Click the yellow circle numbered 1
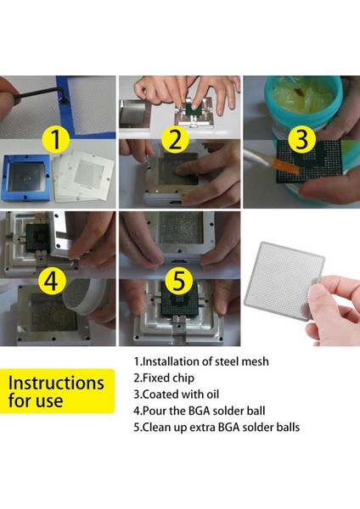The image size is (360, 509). (x=56, y=140)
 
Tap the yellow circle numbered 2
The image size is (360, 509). (x=176, y=140)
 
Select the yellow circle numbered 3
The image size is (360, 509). (x=302, y=139)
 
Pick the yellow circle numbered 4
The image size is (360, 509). (x=52, y=281)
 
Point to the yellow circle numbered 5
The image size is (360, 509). (x=179, y=281)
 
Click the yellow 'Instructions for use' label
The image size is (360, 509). (x=57, y=391)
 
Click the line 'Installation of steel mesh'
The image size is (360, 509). (x=201, y=361)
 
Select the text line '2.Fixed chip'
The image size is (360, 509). (x=164, y=378)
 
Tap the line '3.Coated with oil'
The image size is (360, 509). (x=177, y=394)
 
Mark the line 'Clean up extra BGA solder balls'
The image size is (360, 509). (x=217, y=428)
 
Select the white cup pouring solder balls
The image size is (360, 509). (x=84, y=297)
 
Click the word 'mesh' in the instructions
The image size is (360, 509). (x=256, y=361)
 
